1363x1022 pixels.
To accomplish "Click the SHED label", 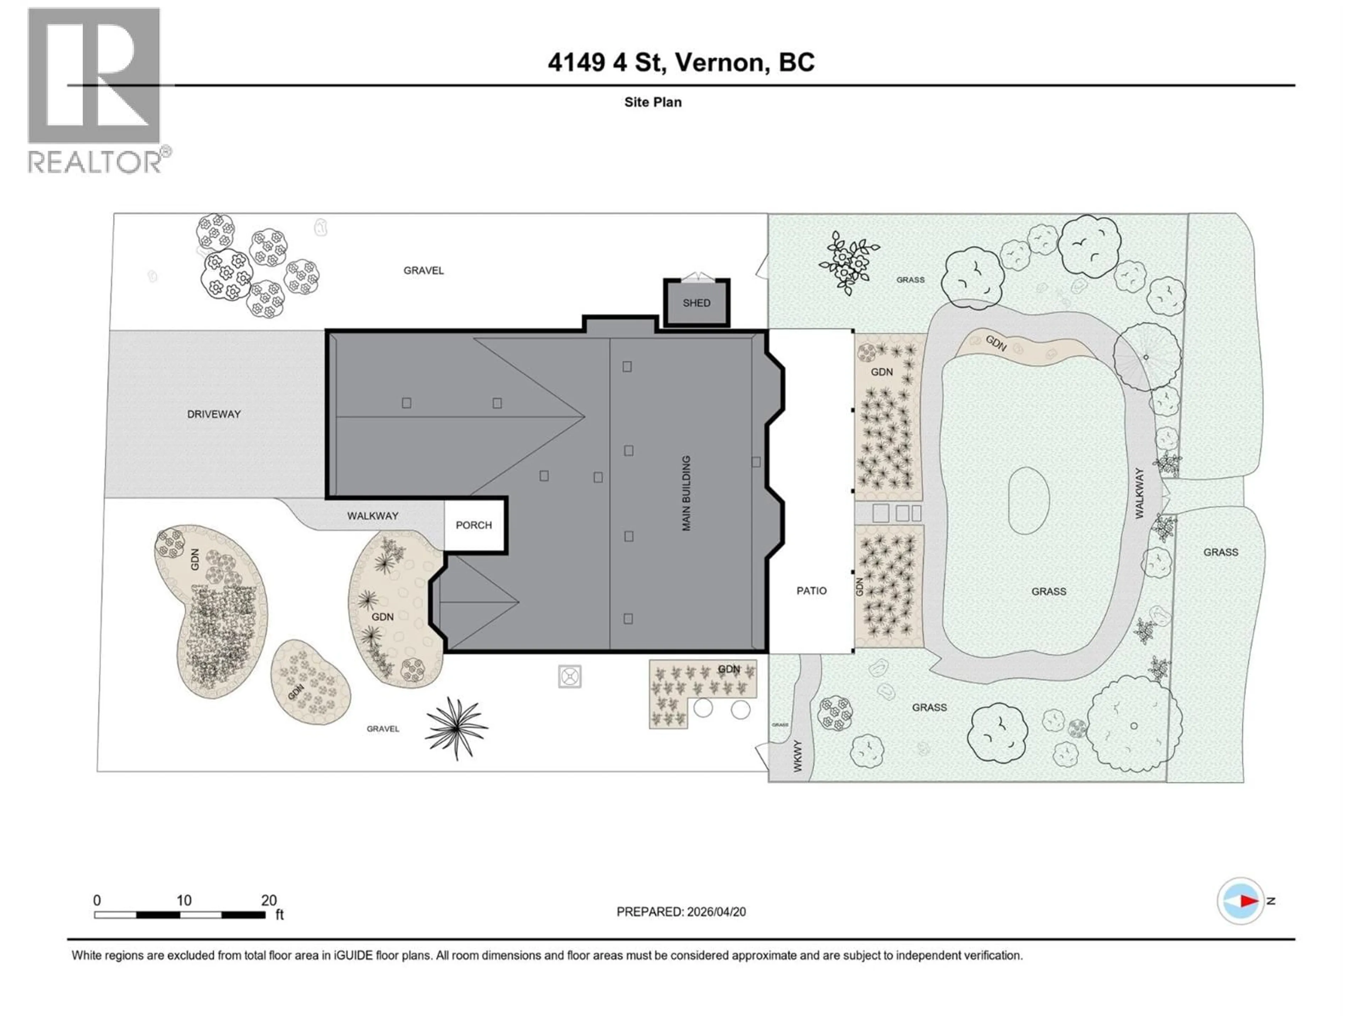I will [696, 303].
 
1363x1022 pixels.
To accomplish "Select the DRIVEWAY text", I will [214, 414].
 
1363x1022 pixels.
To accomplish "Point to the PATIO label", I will [811, 591].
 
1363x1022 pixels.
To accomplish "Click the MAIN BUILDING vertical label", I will [686, 493].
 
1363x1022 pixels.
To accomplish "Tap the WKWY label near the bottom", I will [797, 756].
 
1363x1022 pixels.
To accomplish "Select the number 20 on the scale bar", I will [269, 900].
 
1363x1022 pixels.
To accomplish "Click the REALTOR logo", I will [95, 91].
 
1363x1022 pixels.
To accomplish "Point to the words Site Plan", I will [652, 102].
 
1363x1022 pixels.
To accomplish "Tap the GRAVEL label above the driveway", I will [423, 270].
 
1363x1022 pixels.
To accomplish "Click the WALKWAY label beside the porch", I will [372, 516].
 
